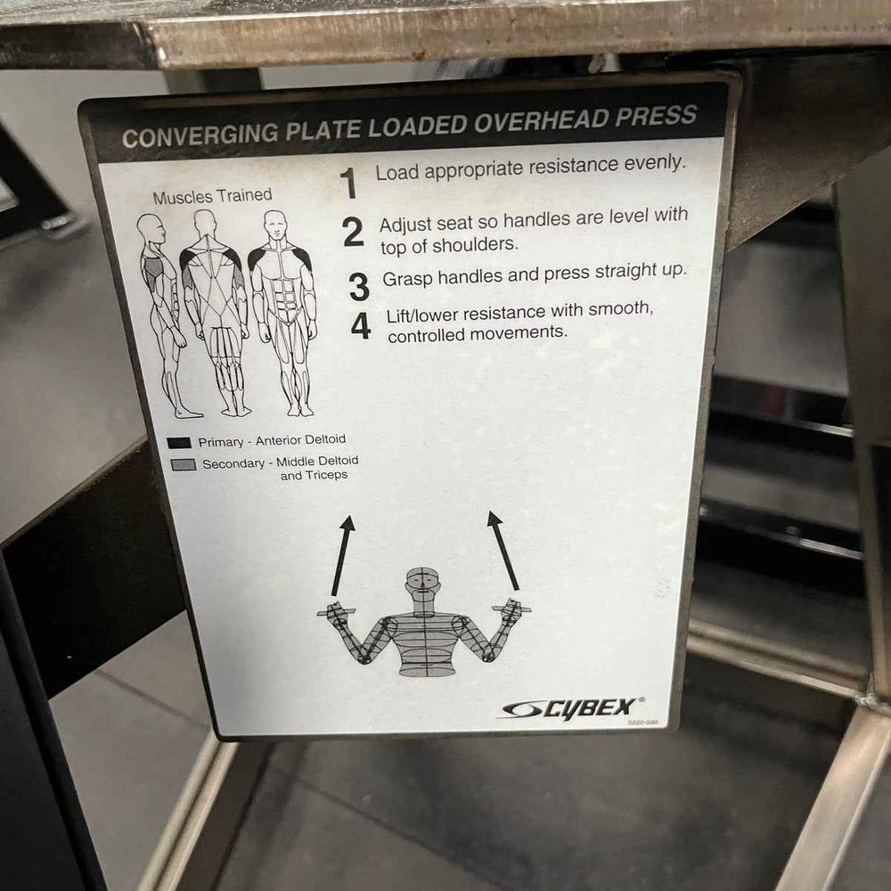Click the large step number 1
pos(349,183)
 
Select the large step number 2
pos(354,233)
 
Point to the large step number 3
pos(359,286)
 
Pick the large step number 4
pos(361,325)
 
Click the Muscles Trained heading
pos(212,196)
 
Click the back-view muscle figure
pos(215,312)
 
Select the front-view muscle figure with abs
pos(283,312)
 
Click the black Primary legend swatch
pos(180,442)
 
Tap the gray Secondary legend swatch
pos(184,465)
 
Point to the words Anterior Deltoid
pos(299,439)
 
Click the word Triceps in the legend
pos(327,476)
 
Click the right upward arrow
pos(503,550)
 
